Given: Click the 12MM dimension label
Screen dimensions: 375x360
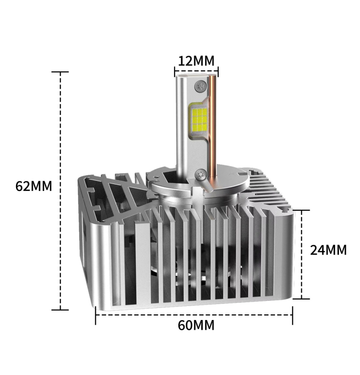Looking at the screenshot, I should tap(196, 61).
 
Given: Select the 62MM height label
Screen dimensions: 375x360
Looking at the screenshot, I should tap(34, 186).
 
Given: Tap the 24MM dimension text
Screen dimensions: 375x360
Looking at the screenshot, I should tap(329, 250).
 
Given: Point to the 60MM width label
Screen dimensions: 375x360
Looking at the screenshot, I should tap(196, 325).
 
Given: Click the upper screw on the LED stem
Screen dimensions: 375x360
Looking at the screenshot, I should tap(200, 85).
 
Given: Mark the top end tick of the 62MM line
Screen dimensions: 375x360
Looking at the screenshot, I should tap(60, 72).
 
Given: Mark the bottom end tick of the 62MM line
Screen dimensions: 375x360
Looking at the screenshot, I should tap(60, 310).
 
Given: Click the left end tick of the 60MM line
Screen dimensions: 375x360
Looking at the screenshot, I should tap(95, 315).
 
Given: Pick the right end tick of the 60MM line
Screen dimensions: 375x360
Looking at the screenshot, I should tap(292, 315).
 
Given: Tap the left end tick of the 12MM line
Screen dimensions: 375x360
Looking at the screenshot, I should tap(175, 72).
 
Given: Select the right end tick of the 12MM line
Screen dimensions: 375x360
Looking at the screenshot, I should tap(218, 72).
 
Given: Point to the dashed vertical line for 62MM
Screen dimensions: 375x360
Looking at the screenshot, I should tap(60, 235).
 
